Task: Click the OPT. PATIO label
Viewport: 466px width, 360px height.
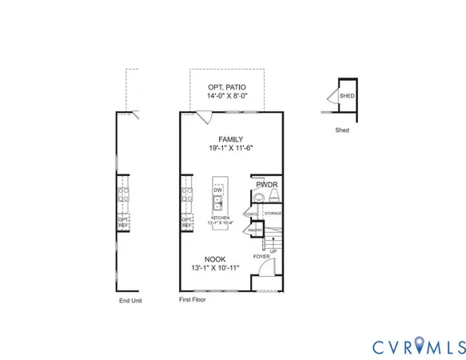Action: pyautogui.click(x=232, y=86)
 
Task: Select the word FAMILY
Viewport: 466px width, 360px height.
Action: pyautogui.click(x=231, y=138)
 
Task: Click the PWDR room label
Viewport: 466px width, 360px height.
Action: pyautogui.click(x=266, y=185)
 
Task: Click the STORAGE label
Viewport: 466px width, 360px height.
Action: pyautogui.click(x=273, y=214)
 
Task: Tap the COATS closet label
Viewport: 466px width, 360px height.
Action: pyautogui.click(x=252, y=214)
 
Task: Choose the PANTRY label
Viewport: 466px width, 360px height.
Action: pyautogui.click(x=254, y=230)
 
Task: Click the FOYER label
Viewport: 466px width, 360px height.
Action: pyautogui.click(x=261, y=257)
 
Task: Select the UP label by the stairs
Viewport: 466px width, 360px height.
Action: pyautogui.click(x=273, y=251)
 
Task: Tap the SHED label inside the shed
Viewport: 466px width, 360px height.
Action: pyautogui.click(x=347, y=96)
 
